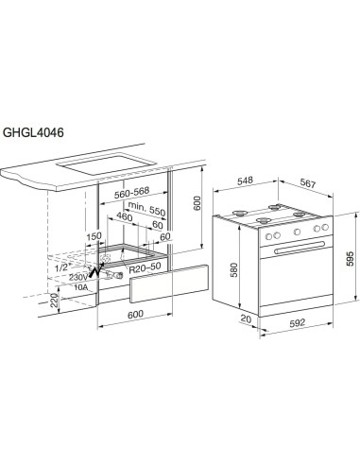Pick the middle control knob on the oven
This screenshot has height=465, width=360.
click(283, 235)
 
